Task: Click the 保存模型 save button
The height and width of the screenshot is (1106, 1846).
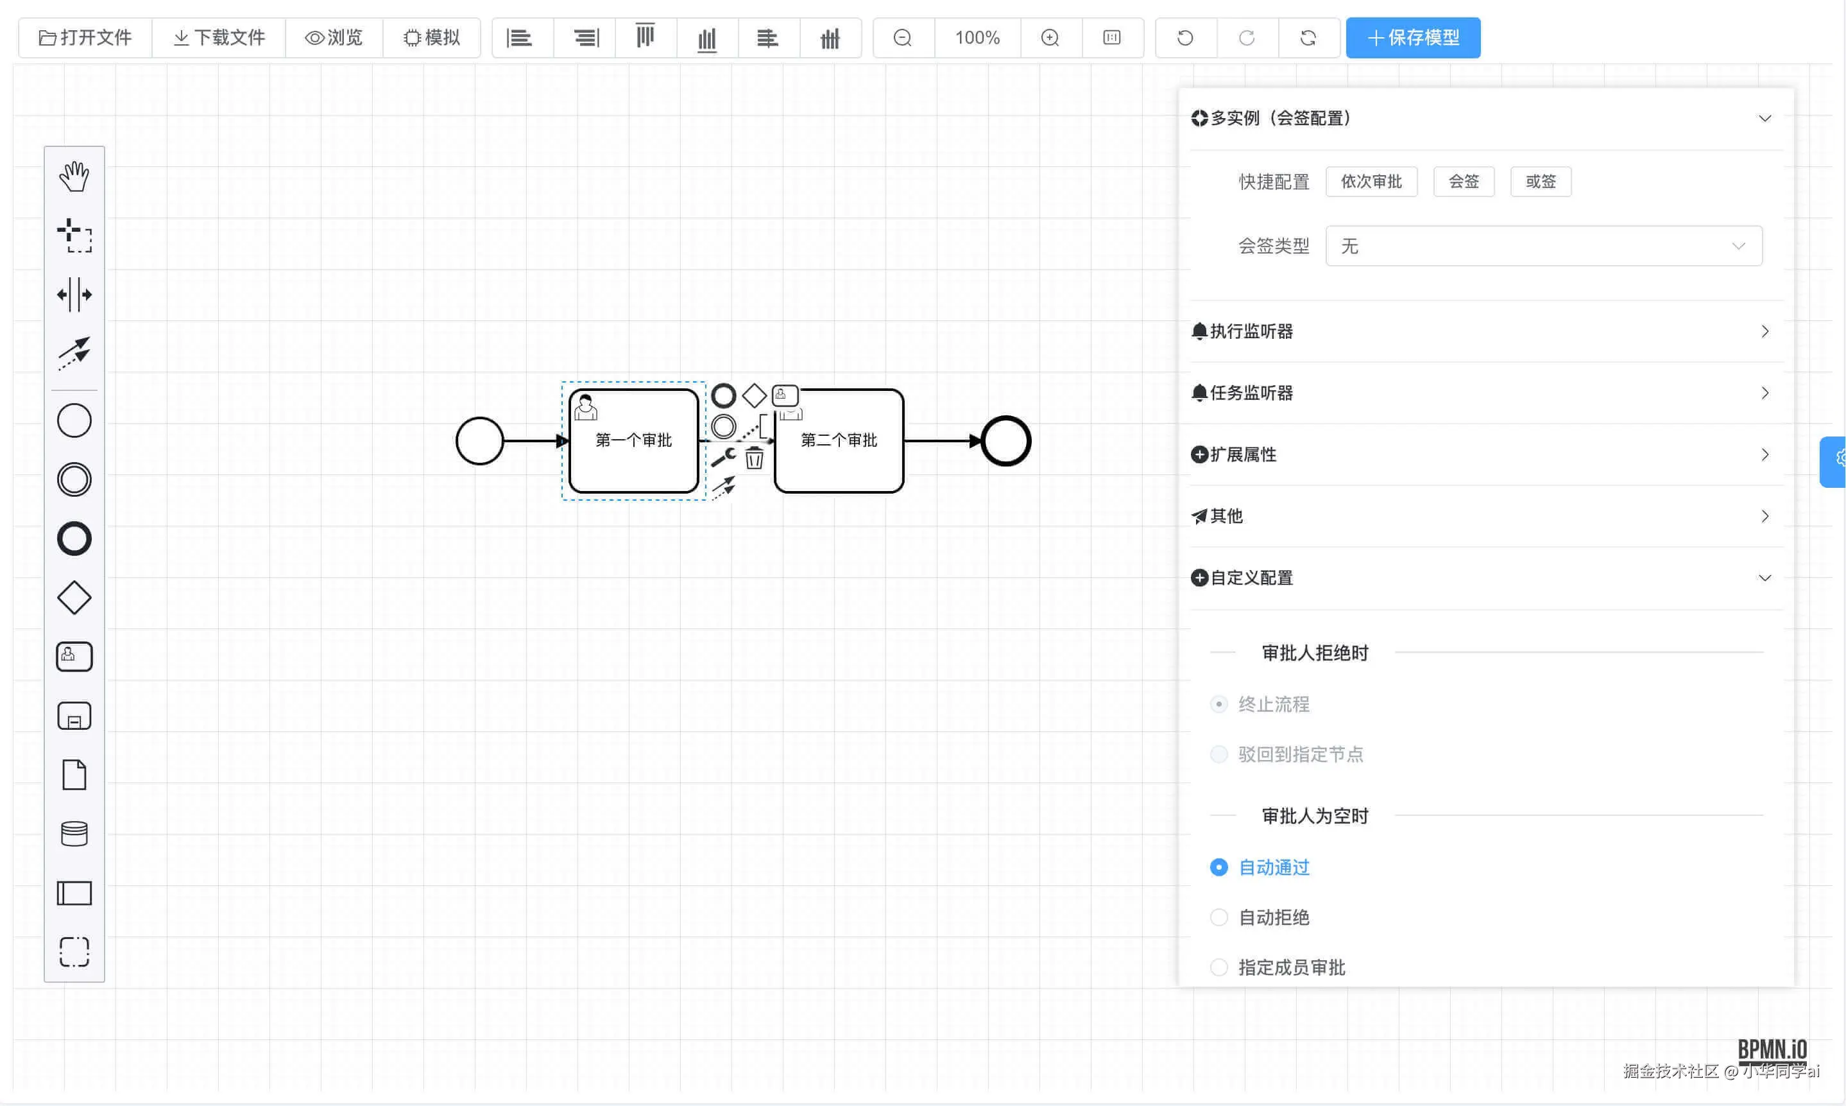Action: [1412, 37]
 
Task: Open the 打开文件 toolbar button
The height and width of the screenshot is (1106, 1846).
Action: [85, 37]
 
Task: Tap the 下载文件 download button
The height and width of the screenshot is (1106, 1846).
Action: [219, 37]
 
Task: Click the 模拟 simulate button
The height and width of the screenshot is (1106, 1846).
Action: [431, 37]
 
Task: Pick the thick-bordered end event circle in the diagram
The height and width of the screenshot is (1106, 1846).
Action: [1005, 440]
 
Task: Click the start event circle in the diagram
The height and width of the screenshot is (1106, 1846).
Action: [479, 440]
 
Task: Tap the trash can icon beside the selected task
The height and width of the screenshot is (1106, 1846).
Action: [754, 458]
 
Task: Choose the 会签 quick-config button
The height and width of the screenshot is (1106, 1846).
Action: [1463, 181]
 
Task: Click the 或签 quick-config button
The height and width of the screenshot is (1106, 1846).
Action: [1540, 181]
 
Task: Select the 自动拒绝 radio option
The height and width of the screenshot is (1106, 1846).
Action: [1218, 917]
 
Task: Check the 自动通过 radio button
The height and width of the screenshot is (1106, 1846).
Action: [1218, 867]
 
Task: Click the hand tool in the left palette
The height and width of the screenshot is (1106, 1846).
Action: [74, 177]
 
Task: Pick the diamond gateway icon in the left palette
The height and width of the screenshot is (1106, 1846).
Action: [74, 598]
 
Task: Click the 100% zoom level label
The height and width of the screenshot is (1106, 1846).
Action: [977, 37]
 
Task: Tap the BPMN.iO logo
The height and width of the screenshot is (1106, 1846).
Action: [1772, 1050]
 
